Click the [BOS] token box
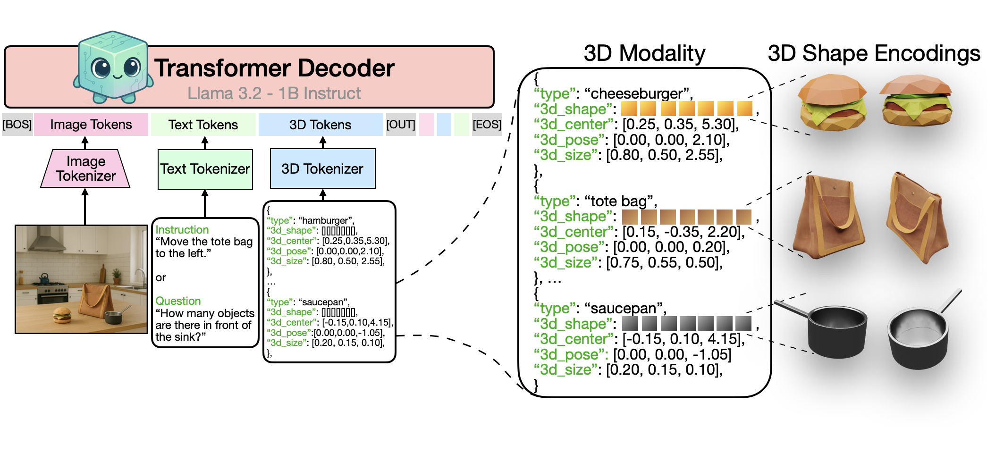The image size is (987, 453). pos(17,125)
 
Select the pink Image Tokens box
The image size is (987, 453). pos(91,125)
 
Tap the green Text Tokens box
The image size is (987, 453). pos(203,125)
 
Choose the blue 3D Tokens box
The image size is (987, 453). pos(321,125)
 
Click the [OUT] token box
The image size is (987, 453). pos(401,125)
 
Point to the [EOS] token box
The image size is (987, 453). pos(487,125)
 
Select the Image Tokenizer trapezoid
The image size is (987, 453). pos(85,168)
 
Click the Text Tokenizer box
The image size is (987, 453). pos(205,169)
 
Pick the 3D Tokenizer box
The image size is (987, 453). pos(322,168)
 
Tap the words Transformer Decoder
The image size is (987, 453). pos(274,68)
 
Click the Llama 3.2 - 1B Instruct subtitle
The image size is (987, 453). pos(274,93)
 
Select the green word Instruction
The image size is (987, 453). pos(182,230)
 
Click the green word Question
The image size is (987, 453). pos(178,301)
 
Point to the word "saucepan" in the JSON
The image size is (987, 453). pos(323,302)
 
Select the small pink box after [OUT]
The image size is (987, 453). pos(426,125)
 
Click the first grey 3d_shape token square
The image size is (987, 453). pos(630,324)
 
